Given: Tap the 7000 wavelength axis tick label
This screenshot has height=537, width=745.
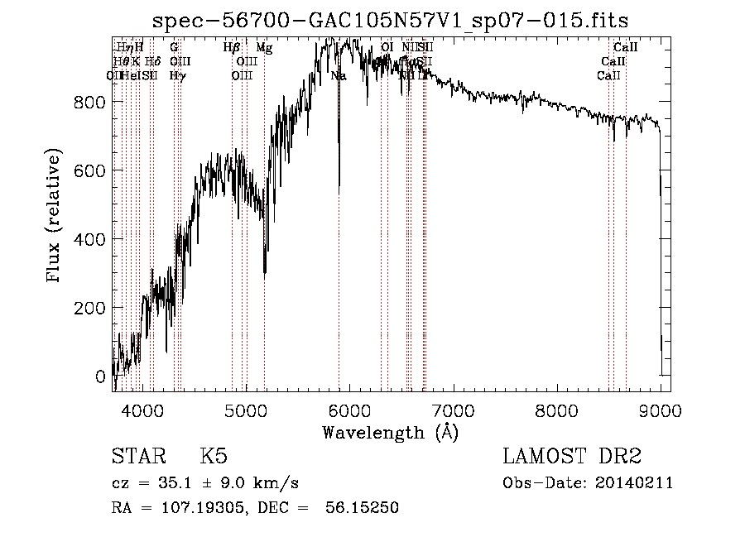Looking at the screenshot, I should pyautogui.click(x=454, y=410).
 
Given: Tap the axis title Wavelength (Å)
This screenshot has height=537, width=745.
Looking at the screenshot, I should pyautogui.click(x=390, y=432).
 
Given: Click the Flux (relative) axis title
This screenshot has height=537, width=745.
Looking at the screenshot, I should pyautogui.click(x=55, y=218).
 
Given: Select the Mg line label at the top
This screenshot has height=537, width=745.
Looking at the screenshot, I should pyautogui.click(x=264, y=48).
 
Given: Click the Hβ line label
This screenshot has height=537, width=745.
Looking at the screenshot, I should pyautogui.click(x=232, y=48).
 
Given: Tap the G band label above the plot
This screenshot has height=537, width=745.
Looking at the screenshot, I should pyautogui.click(x=174, y=48).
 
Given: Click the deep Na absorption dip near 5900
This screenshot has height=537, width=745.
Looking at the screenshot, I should pyautogui.click(x=339, y=192).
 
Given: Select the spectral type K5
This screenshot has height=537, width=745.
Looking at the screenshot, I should pyautogui.click(x=214, y=457).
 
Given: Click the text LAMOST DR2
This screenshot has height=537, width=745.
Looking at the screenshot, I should pyautogui.click(x=572, y=457).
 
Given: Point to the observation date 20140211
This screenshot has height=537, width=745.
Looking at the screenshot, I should pyautogui.click(x=636, y=483).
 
